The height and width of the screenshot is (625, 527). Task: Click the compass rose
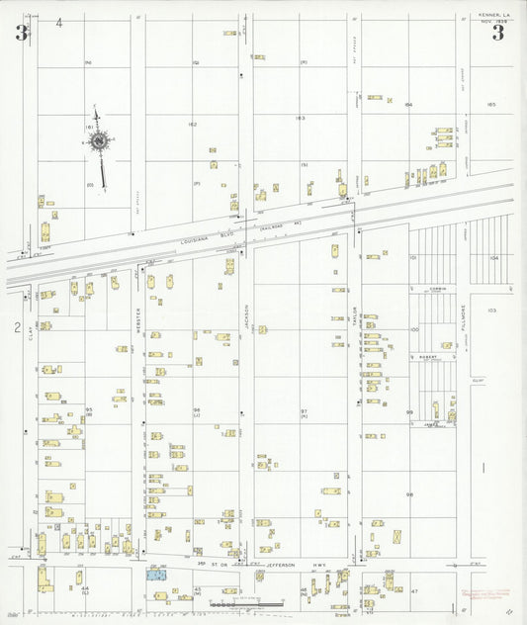[x=100, y=142]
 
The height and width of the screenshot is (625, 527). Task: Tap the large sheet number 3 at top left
[x=21, y=33]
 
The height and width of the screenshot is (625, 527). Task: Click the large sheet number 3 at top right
[x=497, y=33]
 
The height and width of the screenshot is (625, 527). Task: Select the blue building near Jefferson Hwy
[x=156, y=574]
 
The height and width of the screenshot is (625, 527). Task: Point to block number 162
[x=192, y=125]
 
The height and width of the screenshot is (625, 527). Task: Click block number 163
[x=300, y=118]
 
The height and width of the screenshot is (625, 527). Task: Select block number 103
[x=491, y=310]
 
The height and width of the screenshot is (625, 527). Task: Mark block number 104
[x=491, y=256]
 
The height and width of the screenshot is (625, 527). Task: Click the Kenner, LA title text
[x=492, y=16]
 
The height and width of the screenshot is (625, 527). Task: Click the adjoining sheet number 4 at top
[x=59, y=22]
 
